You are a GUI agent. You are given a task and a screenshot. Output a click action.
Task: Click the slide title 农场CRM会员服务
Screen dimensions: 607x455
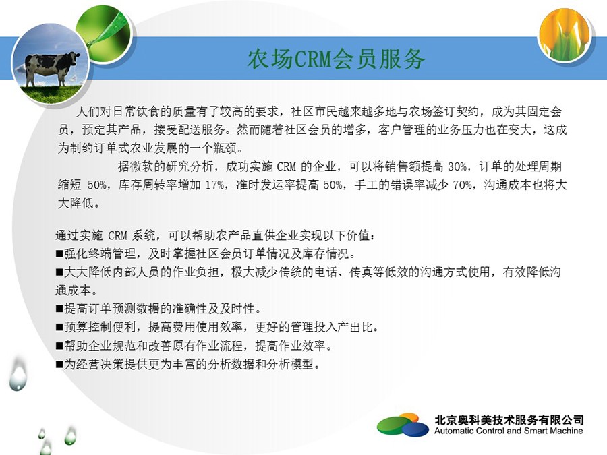click(x=336, y=59)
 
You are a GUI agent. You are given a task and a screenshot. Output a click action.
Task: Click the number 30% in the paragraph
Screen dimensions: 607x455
click(x=457, y=166)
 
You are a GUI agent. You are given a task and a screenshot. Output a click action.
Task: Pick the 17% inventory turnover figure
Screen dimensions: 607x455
click(x=214, y=185)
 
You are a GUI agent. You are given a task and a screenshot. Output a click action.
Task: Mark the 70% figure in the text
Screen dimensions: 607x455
click(x=462, y=185)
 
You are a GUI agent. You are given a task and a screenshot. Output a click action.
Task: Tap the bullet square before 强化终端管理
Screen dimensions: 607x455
click(x=59, y=254)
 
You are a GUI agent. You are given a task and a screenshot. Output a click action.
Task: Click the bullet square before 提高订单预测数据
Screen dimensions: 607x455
click(x=59, y=309)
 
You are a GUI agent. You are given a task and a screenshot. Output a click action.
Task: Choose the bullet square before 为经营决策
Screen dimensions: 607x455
click(x=59, y=364)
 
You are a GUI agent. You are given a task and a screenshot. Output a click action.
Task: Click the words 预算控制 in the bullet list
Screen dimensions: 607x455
click(x=88, y=328)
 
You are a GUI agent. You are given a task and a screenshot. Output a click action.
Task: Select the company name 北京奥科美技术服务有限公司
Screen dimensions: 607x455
click(x=509, y=420)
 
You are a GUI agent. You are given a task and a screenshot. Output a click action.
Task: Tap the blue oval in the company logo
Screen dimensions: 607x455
click(x=415, y=429)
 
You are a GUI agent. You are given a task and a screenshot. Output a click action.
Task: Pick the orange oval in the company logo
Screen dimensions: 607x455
click(x=409, y=418)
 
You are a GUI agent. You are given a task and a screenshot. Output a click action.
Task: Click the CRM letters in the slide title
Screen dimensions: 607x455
click(x=314, y=59)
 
